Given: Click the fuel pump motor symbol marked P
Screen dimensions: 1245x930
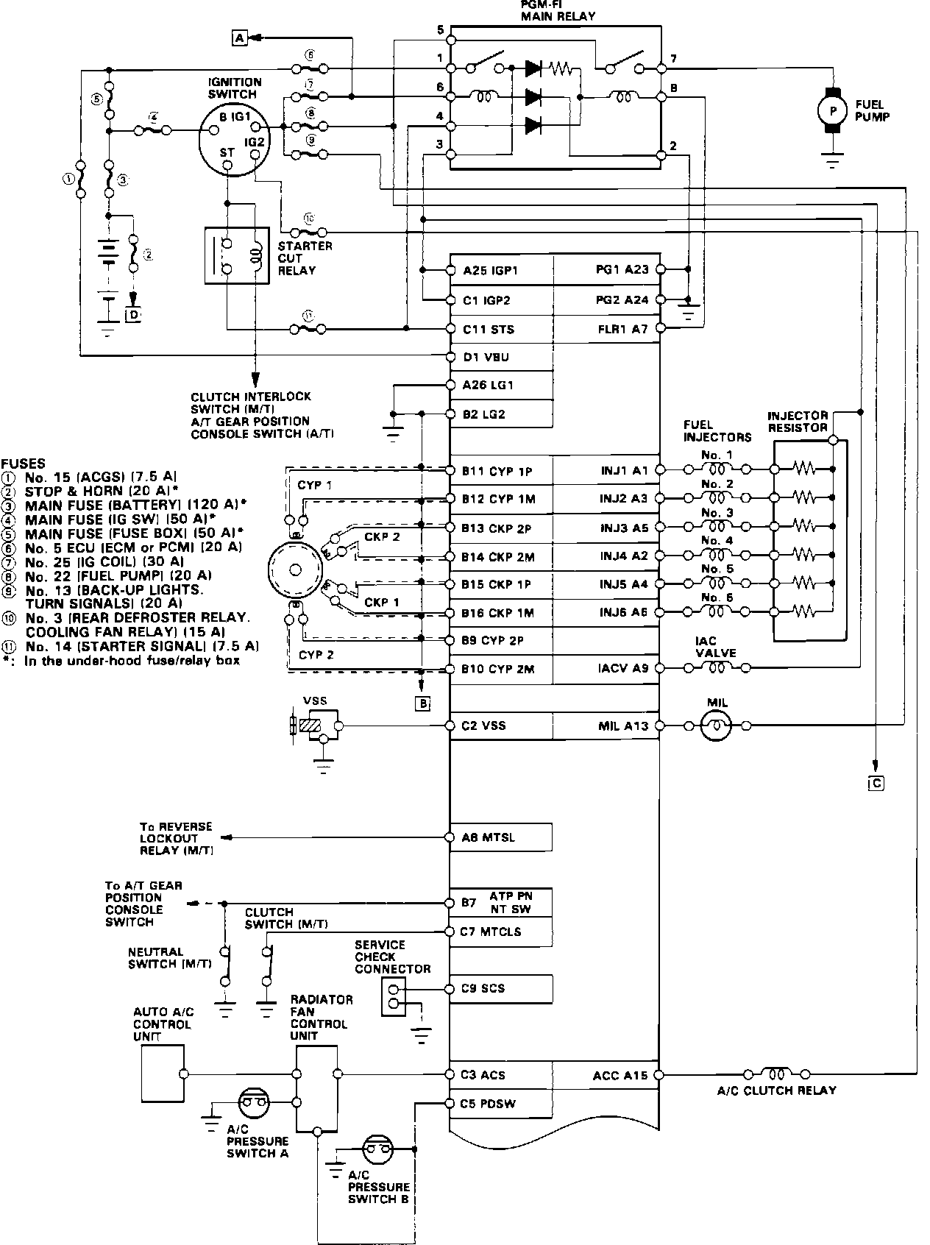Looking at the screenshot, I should pos(833,111).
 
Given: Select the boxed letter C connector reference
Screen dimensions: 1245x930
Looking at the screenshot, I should pos(875,783).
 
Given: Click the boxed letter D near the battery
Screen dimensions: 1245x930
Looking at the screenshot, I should pos(134,316).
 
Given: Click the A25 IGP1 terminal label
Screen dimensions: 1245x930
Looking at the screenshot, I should pos(491,270).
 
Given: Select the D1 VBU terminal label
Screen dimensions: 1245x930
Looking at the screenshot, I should pos(486,358).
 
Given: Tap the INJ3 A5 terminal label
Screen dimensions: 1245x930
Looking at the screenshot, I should pos(623,528).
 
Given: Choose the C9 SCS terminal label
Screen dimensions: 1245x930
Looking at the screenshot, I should pos(483,988).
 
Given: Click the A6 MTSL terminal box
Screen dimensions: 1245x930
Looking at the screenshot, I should pos(500,837).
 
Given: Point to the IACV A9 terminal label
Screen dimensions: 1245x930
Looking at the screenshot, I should pos(622,668).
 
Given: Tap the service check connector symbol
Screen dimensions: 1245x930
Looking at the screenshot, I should pos(394,996).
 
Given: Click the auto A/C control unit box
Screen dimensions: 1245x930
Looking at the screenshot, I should pos(161,1074).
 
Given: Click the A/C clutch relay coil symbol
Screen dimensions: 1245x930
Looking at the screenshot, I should pos(778,1074).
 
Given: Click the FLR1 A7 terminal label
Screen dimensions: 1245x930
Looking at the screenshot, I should pos(622,329).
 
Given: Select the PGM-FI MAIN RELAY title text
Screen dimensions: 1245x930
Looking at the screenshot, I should pos(558,10).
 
